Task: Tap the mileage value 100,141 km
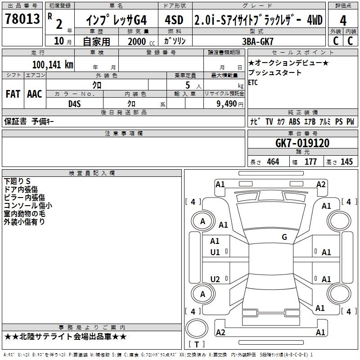52,64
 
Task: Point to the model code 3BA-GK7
258,41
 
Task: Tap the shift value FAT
13,94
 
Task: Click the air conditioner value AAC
34,94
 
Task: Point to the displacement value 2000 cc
140,41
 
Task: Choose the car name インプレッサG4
117,20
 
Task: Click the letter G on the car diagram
284,237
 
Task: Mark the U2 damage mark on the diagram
215,279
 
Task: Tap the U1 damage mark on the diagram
215,252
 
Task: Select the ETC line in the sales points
253,83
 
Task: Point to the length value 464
273,162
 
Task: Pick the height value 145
346,162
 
